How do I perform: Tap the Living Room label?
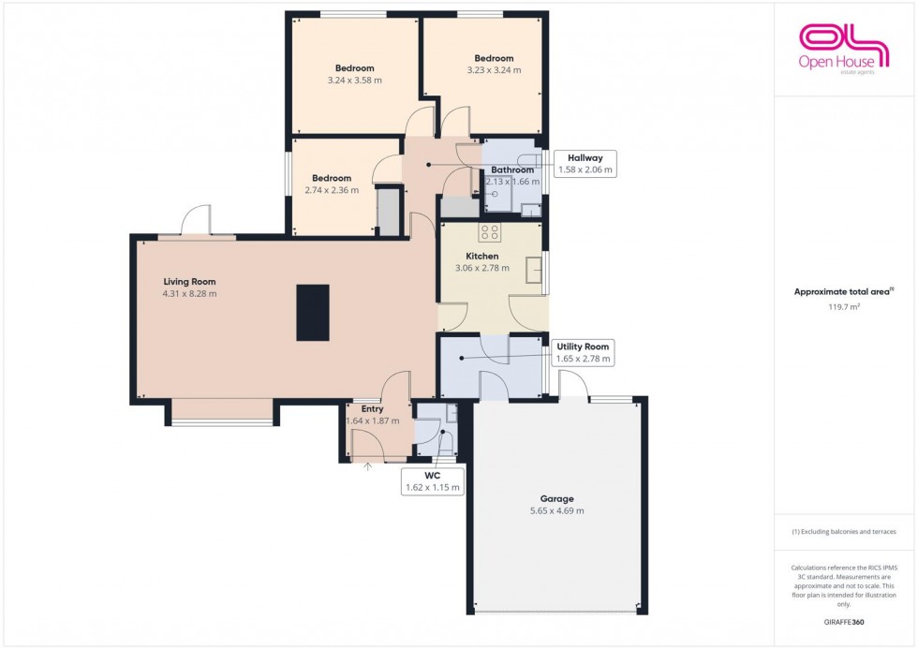point(189,281)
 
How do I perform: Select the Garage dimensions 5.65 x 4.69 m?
point(556,511)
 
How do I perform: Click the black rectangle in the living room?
point(313,313)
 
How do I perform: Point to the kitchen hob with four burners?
point(490,232)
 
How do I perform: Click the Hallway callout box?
point(585,164)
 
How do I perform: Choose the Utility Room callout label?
point(583,352)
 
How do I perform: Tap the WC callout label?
point(433,481)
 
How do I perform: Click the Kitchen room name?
point(482,256)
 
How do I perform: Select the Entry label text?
point(372,409)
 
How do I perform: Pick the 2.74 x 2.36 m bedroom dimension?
point(332,191)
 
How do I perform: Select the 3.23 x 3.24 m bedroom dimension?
point(494,70)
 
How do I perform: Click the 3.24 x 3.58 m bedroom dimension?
point(355,81)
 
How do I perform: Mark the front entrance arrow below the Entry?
point(367,464)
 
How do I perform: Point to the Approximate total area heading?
point(843,291)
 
